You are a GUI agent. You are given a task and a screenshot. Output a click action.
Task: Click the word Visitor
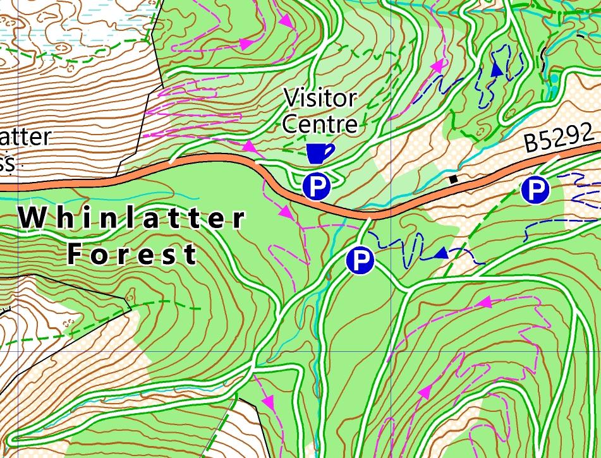(320, 99)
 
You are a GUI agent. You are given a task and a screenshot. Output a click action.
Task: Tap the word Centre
(320, 123)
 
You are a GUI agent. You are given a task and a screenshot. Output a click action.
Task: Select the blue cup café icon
(319, 153)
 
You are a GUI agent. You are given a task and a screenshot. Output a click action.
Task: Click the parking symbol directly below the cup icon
(317, 186)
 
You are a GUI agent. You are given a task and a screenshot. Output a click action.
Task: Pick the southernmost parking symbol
(360, 260)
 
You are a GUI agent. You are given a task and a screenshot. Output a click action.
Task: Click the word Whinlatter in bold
(131, 219)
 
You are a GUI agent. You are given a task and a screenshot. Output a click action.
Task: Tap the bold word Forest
(132, 255)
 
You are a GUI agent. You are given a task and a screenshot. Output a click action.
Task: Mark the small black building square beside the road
(453, 179)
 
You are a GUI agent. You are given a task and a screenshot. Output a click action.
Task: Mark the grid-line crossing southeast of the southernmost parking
(392, 351)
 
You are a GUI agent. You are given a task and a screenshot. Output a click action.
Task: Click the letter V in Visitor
(290, 99)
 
